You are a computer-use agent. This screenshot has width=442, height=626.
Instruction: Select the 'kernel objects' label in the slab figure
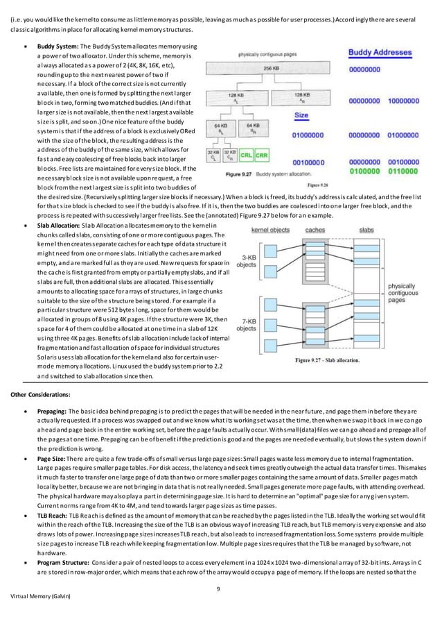coord(252,229)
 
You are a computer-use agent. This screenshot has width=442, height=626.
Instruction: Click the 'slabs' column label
coord(366,229)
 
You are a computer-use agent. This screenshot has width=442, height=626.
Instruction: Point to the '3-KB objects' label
coord(247,260)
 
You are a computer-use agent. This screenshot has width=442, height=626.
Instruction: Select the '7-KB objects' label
coord(247,323)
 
